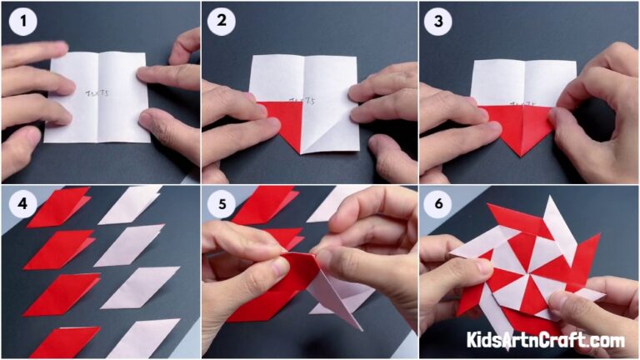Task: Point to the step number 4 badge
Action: (21, 204)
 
